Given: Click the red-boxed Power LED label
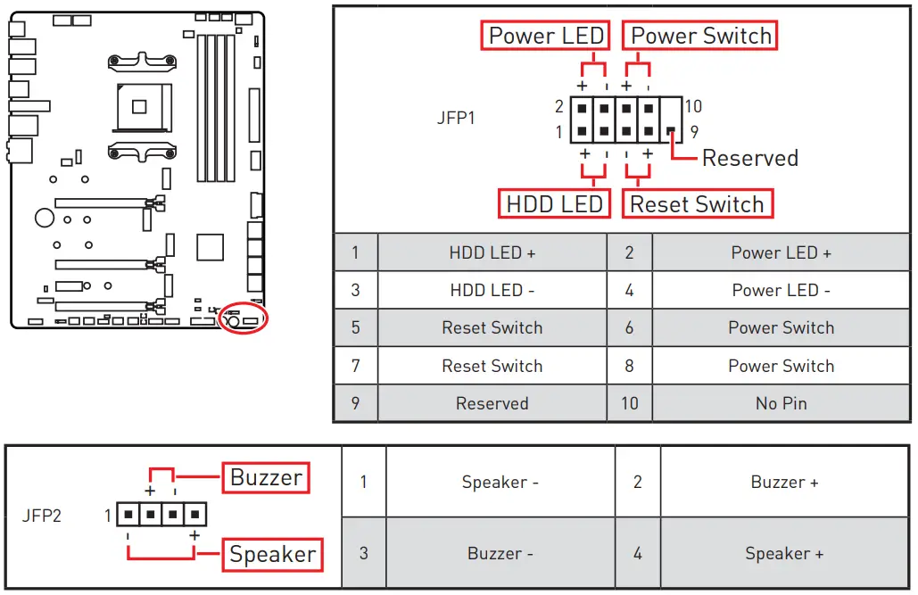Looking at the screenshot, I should pyautogui.click(x=546, y=37).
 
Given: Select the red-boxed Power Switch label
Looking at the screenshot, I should pyautogui.click(x=700, y=37).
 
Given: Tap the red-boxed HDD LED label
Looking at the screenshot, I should pyautogui.click(x=554, y=204).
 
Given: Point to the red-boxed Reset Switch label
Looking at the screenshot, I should pyautogui.click(x=697, y=204).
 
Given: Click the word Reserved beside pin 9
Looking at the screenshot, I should pyautogui.click(x=749, y=159).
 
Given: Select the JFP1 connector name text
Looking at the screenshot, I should pyautogui.click(x=455, y=118).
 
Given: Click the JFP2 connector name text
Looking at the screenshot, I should pyautogui.click(x=42, y=515).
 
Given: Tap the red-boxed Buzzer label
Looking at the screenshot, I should pyautogui.click(x=265, y=477).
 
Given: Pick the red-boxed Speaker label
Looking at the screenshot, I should pyautogui.click(x=272, y=555).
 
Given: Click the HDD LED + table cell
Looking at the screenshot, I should pyautogui.click(x=492, y=253).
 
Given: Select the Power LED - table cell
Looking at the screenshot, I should pyautogui.click(x=781, y=291).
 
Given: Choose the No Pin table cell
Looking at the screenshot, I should pyautogui.click(x=781, y=404).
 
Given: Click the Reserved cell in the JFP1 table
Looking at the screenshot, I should pyautogui.click(x=492, y=404).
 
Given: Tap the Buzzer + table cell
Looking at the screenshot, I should pyautogui.click(x=784, y=483).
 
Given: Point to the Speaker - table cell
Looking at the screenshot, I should pyautogui.click(x=500, y=483).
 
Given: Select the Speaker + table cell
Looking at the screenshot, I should pyautogui.click(x=784, y=554).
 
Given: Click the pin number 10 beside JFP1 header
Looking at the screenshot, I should pyautogui.click(x=693, y=107).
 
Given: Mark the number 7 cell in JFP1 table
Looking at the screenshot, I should pyautogui.click(x=355, y=366).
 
